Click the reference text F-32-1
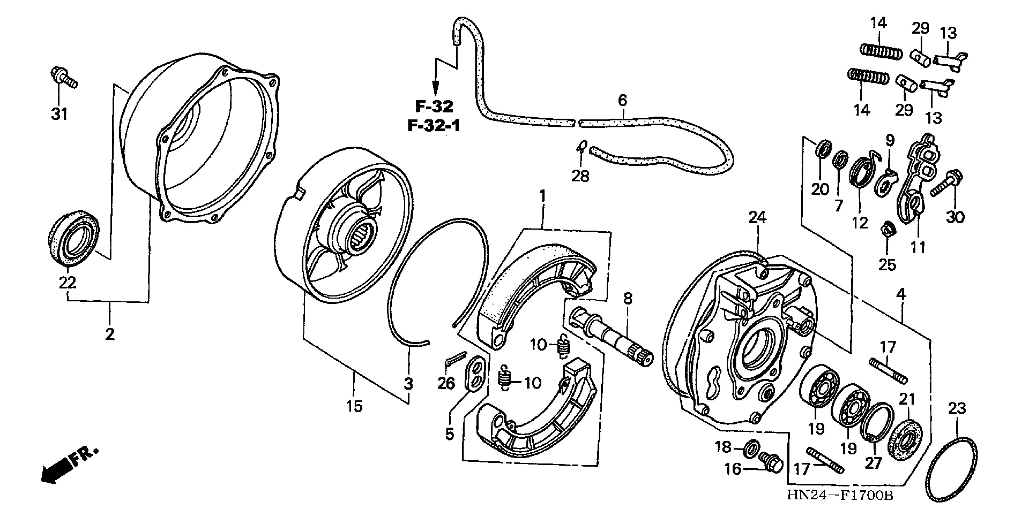coord(434,126)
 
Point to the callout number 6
coord(622,100)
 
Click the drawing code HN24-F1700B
coord(840,495)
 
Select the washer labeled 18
coord(752,448)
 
